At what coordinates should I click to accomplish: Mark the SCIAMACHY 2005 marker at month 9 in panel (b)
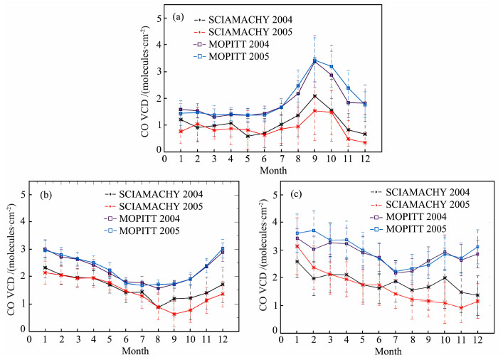click(x=174, y=314)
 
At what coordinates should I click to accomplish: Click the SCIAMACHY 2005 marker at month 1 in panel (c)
click(x=297, y=246)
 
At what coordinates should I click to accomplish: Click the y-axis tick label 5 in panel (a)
click(x=158, y=16)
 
